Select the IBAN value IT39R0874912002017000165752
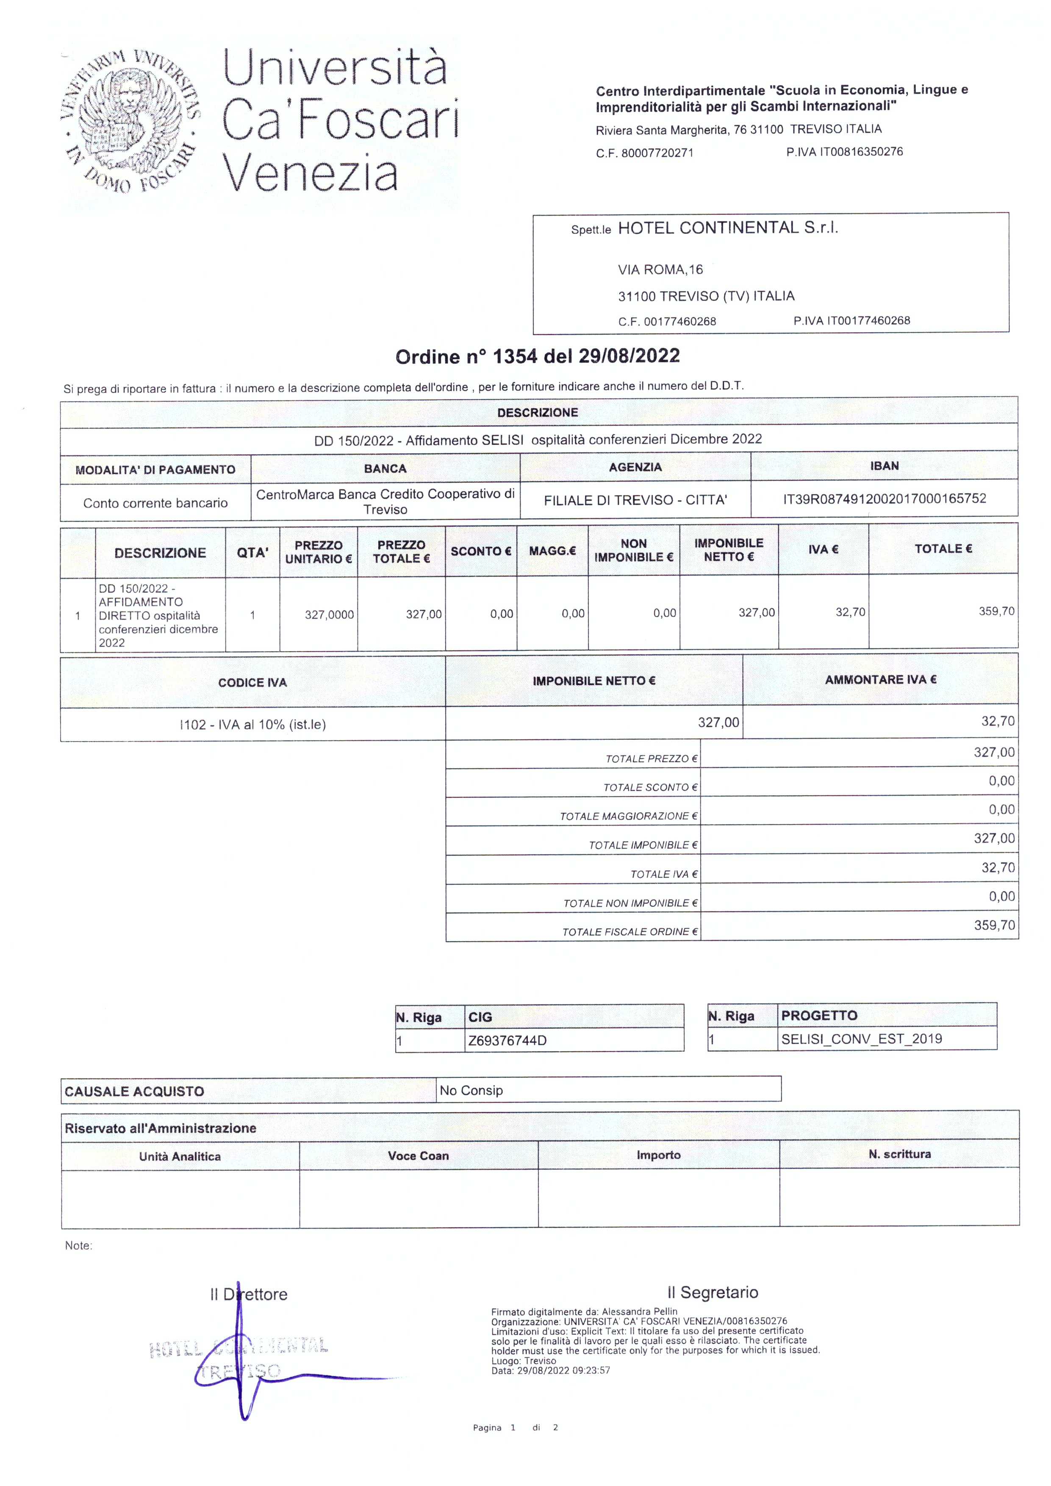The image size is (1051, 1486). (x=884, y=498)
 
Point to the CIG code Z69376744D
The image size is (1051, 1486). (x=507, y=1041)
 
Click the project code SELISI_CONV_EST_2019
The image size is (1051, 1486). (x=861, y=1039)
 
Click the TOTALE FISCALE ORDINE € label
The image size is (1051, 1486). (x=629, y=932)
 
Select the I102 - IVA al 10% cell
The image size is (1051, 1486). (x=252, y=724)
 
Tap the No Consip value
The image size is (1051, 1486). (x=471, y=1091)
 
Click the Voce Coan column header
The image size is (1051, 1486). (x=418, y=1156)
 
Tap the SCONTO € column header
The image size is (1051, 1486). (x=480, y=551)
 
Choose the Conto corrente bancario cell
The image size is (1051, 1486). (x=155, y=503)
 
